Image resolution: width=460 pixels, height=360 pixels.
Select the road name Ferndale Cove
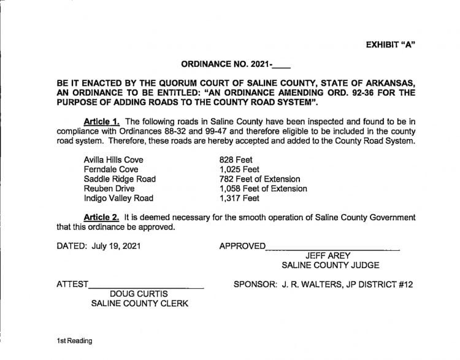pyautogui.click(x=111, y=169)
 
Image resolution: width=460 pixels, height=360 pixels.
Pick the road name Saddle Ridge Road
pyautogui.click(x=120, y=179)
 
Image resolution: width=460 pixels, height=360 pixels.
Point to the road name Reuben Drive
pyautogui.click(x=109, y=189)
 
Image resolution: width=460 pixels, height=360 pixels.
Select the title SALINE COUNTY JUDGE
pyautogui.click(x=331, y=266)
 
